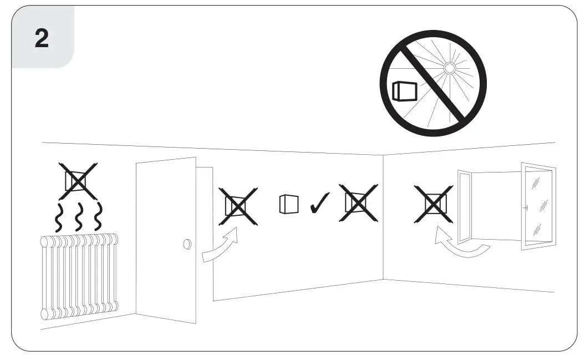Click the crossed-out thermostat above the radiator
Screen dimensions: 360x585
pyautogui.click(x=78, y=181)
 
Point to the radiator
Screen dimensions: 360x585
pyautogui.click(x=79, y=276)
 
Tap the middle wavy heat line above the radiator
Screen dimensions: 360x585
pyautogui.click(x=79, y=216)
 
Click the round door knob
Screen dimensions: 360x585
pyautogui.click(x=187, y=244)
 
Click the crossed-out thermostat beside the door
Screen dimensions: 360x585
pyautogui.click(x=238, y=206)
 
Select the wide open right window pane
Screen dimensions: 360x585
pyautogui.click(x=537, y=205)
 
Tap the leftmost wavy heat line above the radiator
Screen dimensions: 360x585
pyautogui.click(x=58, y=216)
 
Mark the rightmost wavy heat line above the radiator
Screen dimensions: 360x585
pyautogui.click(x=99, y=216)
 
